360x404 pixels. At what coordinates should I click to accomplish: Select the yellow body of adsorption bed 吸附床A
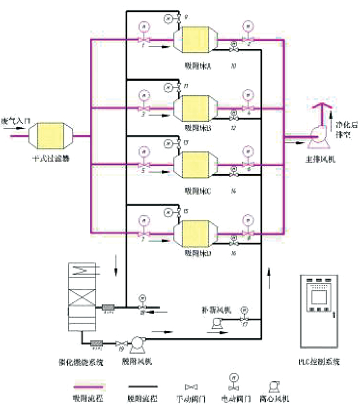coord(196,39)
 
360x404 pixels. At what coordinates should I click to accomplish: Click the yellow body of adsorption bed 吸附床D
coord(196,233)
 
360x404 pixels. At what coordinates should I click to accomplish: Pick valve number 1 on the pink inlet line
coord(144,39)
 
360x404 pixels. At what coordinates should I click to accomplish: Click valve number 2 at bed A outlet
coord(248,39)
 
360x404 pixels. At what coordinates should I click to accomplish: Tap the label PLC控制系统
coord(319,362)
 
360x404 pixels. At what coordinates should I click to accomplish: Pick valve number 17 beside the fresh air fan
coord(245,320)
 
